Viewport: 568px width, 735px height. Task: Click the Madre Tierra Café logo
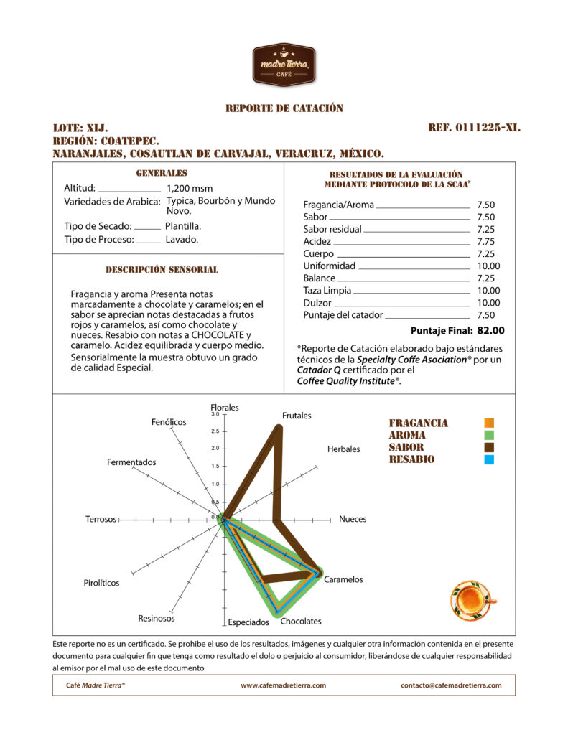tap(284, 65)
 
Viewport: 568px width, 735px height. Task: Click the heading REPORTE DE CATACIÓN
tap(284, 108)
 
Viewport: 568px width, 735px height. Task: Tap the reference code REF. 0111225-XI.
tap(474, 128)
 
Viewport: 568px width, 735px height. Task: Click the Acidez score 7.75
tap(485, 241)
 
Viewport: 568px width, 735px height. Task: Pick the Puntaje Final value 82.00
tap(490, 331)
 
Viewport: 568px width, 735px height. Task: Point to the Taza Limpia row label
tap(327, 290)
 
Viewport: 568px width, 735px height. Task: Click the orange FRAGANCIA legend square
tap(489, 423)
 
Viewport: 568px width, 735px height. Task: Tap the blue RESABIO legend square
tap(489, 459)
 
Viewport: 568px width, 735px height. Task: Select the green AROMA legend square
tap(489, 436)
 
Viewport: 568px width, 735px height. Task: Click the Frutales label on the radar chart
tap(297, 416)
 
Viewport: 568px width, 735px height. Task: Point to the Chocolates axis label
tap(301, 621)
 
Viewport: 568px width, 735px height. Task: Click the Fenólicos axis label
tap(169, 422)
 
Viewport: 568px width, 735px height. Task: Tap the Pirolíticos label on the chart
tap(101, 583)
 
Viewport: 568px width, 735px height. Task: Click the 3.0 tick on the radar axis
tap(215, 414)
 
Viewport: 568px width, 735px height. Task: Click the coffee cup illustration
tap(471, 599)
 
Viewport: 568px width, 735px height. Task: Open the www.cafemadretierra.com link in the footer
tap(283, 685)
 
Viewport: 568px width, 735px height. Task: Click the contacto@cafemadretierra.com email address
tap(451, 685)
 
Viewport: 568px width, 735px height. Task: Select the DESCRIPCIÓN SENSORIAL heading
tap(162, 270)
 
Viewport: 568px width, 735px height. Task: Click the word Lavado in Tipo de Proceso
tap(182, 240)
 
